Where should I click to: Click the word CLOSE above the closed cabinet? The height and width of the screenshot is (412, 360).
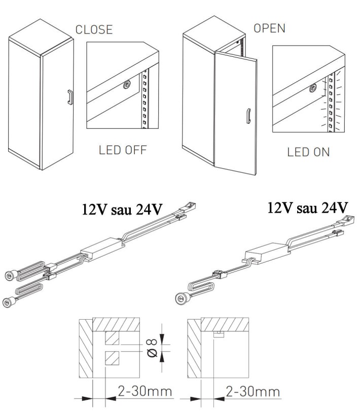94,29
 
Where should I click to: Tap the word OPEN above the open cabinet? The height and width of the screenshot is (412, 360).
269,28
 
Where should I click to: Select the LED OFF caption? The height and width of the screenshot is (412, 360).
123,150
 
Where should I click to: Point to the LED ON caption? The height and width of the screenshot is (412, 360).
308,152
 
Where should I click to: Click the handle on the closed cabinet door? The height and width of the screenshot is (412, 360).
70,97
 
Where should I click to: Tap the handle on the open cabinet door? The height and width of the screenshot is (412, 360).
248,116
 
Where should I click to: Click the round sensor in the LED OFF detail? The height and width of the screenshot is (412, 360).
127,84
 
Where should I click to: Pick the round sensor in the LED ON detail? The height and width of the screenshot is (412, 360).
313,88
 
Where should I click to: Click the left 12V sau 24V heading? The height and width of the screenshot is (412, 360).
122,210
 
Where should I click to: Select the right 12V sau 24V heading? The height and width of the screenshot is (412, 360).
308,208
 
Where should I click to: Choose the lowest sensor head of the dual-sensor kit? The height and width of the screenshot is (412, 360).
9,302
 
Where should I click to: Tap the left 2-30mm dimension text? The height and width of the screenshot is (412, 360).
145,391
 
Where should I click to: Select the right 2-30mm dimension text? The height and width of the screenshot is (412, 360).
253,392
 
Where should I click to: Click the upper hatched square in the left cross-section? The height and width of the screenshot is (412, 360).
112,337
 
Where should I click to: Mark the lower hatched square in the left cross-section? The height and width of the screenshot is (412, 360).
112,358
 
